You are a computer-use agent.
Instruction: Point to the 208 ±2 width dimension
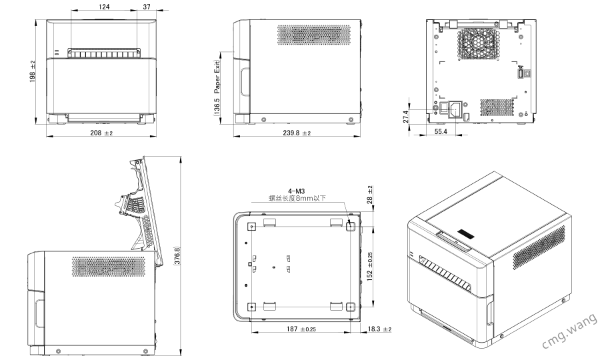pos(101,134)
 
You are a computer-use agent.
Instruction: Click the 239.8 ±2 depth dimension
pos(297,134)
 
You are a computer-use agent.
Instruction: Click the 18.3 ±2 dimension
pos(379,329)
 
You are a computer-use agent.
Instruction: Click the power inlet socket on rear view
pos(458,108)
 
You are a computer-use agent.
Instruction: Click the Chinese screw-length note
pos(297,198)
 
